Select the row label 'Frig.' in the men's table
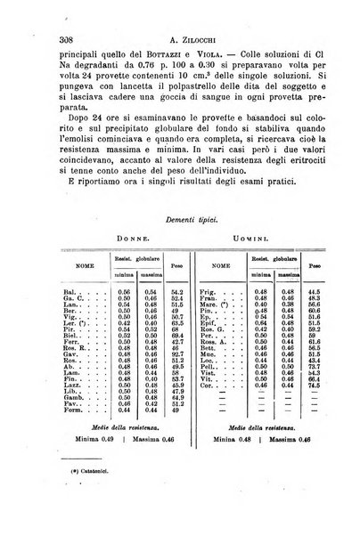(x=209, y=291)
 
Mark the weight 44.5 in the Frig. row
(x=314, y=291)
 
